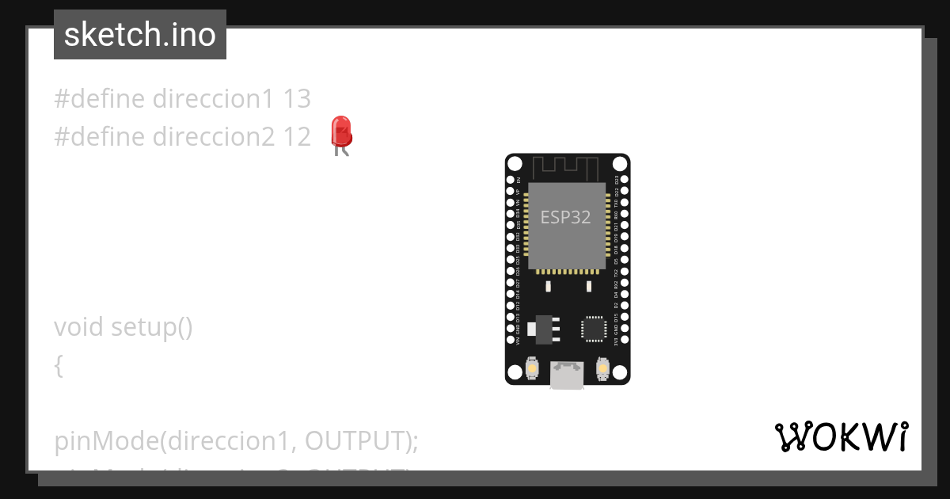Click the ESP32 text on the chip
[565, 217]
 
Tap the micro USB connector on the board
[568, 375]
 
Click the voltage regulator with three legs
[545, 328]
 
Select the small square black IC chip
[594, 328]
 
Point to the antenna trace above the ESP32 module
[565, 168]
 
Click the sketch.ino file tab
[140, 35]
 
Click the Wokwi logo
[841, 437]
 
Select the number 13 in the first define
[297, 99]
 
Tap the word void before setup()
[79, 327]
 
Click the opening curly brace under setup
[59, 365]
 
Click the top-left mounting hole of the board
[515, 164]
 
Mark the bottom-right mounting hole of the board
[621, 371]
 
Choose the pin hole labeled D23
[625, 180]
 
